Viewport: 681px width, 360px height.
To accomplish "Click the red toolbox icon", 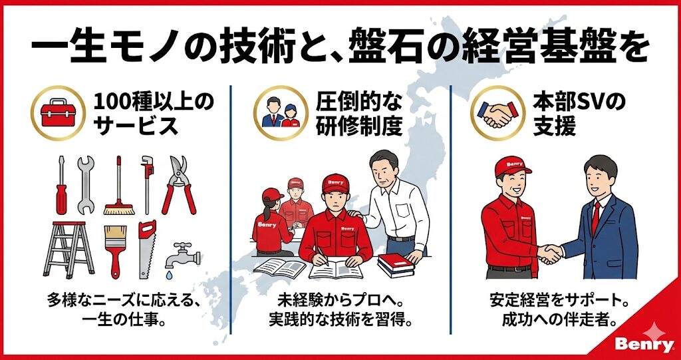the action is coord(58,112).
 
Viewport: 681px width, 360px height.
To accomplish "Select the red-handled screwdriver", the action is coord(61,185).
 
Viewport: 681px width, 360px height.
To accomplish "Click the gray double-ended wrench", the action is coord(86,185).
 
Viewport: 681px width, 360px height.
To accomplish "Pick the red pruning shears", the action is coord(179,185).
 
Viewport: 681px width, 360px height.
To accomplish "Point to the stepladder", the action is coord(68,250).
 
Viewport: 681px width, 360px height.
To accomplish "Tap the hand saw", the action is coord(147,250).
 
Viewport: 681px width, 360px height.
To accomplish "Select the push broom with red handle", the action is coord(118,186).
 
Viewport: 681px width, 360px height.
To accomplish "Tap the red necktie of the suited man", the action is coord(596,218).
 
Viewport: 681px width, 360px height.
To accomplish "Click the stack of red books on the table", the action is coord(396,266).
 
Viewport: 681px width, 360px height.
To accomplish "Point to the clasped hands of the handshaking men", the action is coord(550,254).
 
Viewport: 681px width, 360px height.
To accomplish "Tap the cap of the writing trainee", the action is coord(335,183).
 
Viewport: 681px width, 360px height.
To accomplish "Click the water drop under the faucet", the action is coord(168,275).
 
